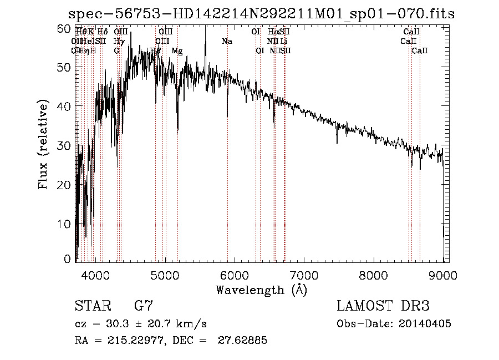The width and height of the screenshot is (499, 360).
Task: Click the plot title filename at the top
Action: pos(261,14)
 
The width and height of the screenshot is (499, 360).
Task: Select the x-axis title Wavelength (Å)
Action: pos(261,290)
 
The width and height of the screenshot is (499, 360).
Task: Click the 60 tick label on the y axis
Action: pos(64,28)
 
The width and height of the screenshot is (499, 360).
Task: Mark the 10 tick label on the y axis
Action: pos(64,223)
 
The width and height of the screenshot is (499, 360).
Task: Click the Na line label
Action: pos(227,42)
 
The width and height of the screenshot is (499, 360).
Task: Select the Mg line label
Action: pos(177,51)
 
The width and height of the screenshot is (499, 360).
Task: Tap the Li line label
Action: pos(284,42)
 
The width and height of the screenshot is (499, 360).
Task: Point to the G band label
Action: pos(116,51)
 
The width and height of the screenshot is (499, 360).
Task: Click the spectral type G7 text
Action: pos(143,306)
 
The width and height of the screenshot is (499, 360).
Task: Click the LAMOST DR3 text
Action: pos(383,306)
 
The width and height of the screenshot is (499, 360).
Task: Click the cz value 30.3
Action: pos(116,324)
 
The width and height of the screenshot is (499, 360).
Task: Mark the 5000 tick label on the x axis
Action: pos(165,275)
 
